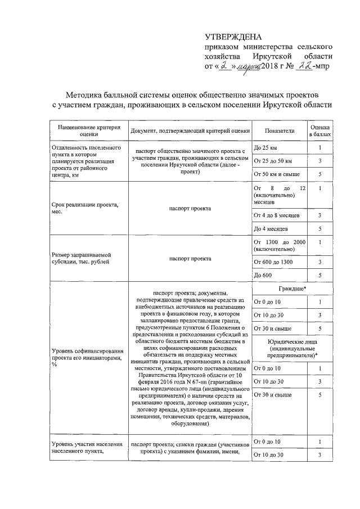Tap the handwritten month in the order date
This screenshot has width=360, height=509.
249,66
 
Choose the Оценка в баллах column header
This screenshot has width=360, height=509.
320,130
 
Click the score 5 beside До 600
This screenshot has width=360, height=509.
320,275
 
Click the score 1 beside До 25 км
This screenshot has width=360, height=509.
320,148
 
